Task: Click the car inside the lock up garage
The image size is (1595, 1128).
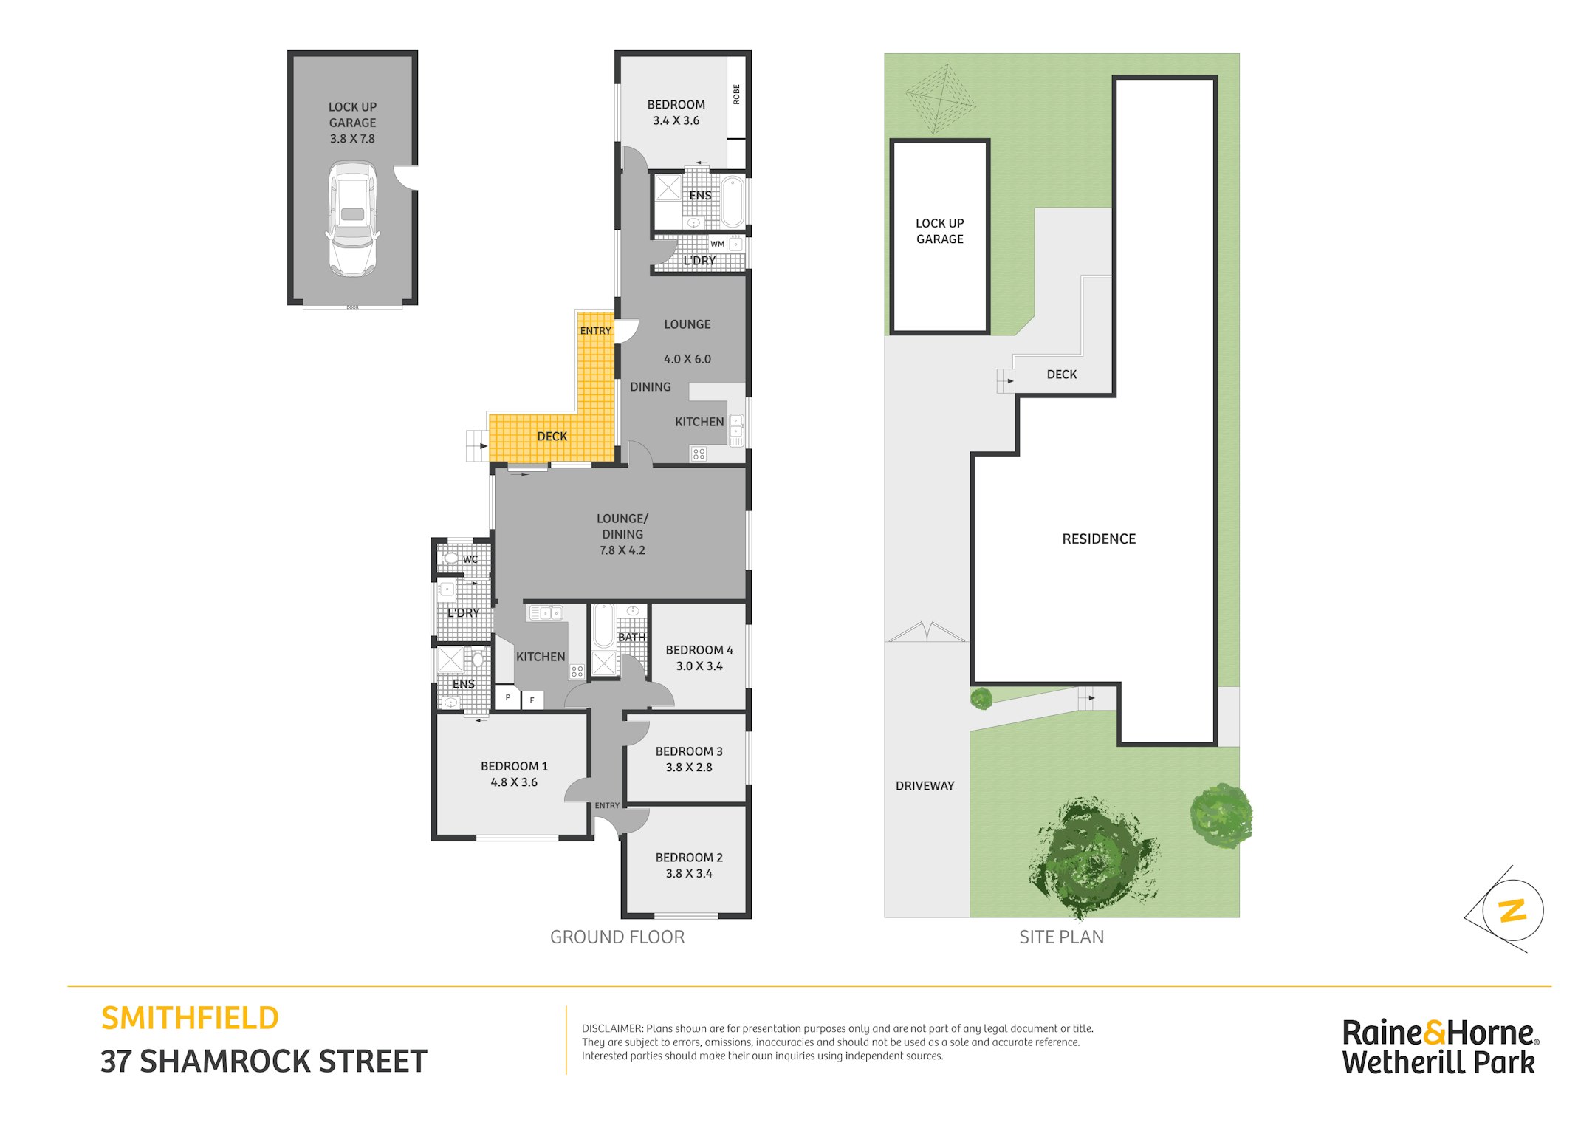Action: click(352, 219)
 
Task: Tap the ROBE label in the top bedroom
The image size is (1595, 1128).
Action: click(736, 95)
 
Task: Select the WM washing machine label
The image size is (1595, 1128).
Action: click(717, 244)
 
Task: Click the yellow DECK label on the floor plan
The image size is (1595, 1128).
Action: click(552, 437)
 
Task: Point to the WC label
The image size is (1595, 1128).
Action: click(470, 559)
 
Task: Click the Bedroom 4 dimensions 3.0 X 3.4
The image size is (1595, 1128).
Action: click(699, 666)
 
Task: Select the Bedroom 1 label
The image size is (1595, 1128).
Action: click(514, 766)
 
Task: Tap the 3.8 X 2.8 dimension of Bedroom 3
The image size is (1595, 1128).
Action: click(689, 767)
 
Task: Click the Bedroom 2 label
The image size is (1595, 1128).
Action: click(689, 857)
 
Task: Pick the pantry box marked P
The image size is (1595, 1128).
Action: click(507, 697)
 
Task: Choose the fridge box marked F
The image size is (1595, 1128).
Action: click(532, 700)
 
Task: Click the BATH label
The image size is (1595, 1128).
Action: click(631, 637)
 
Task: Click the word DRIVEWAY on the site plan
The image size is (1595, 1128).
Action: click(925, 786)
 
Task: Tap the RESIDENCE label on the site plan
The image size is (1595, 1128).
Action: click(1099, 539)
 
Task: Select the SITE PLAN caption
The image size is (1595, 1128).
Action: click(1061, 937)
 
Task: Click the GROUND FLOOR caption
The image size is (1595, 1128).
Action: click(617, 937)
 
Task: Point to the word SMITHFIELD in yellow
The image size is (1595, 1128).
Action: click(190, 1018)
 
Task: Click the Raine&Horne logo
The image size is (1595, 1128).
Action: click(1440, 1047)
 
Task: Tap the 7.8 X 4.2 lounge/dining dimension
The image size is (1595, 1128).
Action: click(622, 550)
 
